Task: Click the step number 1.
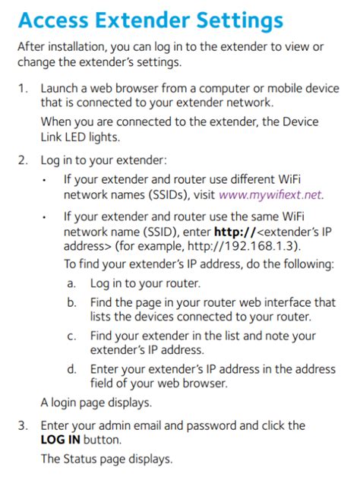click(23, 89)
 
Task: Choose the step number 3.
click(23, 425)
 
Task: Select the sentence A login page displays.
click(96, 402)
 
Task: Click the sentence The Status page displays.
click(106, 459)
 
